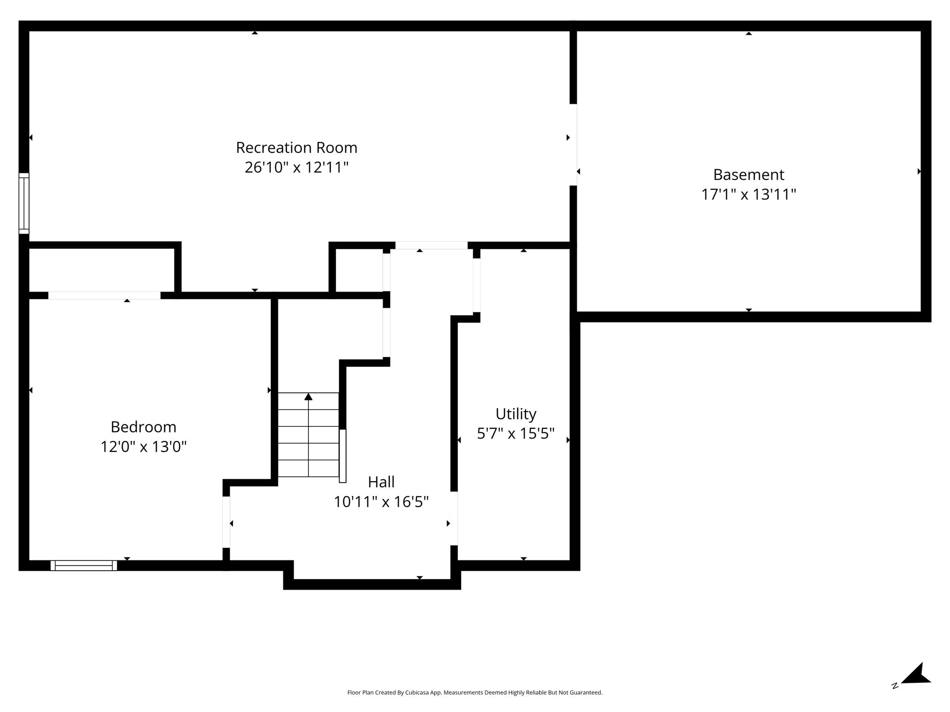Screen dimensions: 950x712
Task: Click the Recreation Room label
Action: tap(296, 147)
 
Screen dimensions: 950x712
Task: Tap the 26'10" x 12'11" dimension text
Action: tap(296, 167)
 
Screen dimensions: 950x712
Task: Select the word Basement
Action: tap(748, 174)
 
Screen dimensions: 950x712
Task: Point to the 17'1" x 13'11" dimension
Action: tap(748, 194)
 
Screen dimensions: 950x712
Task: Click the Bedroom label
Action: tap(143, 426)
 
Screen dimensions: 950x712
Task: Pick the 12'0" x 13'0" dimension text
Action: tap(143, 446)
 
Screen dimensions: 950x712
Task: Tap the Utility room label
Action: tap(516, 414)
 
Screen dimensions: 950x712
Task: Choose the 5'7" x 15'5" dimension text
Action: tap(516, 433)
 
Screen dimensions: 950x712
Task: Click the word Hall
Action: tap(381, 482)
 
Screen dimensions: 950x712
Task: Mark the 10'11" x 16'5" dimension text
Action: tap(381, 502)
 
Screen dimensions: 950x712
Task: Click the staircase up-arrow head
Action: tap(308, 396)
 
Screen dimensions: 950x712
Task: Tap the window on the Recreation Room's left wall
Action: tap(24, 203)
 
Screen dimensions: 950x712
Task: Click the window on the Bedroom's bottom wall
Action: tap(83, 565)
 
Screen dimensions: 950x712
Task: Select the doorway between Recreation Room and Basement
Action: tap(573, 145)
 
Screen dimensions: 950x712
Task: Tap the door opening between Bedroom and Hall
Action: tap(226, 522)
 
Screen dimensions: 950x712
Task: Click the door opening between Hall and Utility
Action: tap(454, 518)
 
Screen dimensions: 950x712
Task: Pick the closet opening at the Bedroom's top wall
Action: tap(104, 295)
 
